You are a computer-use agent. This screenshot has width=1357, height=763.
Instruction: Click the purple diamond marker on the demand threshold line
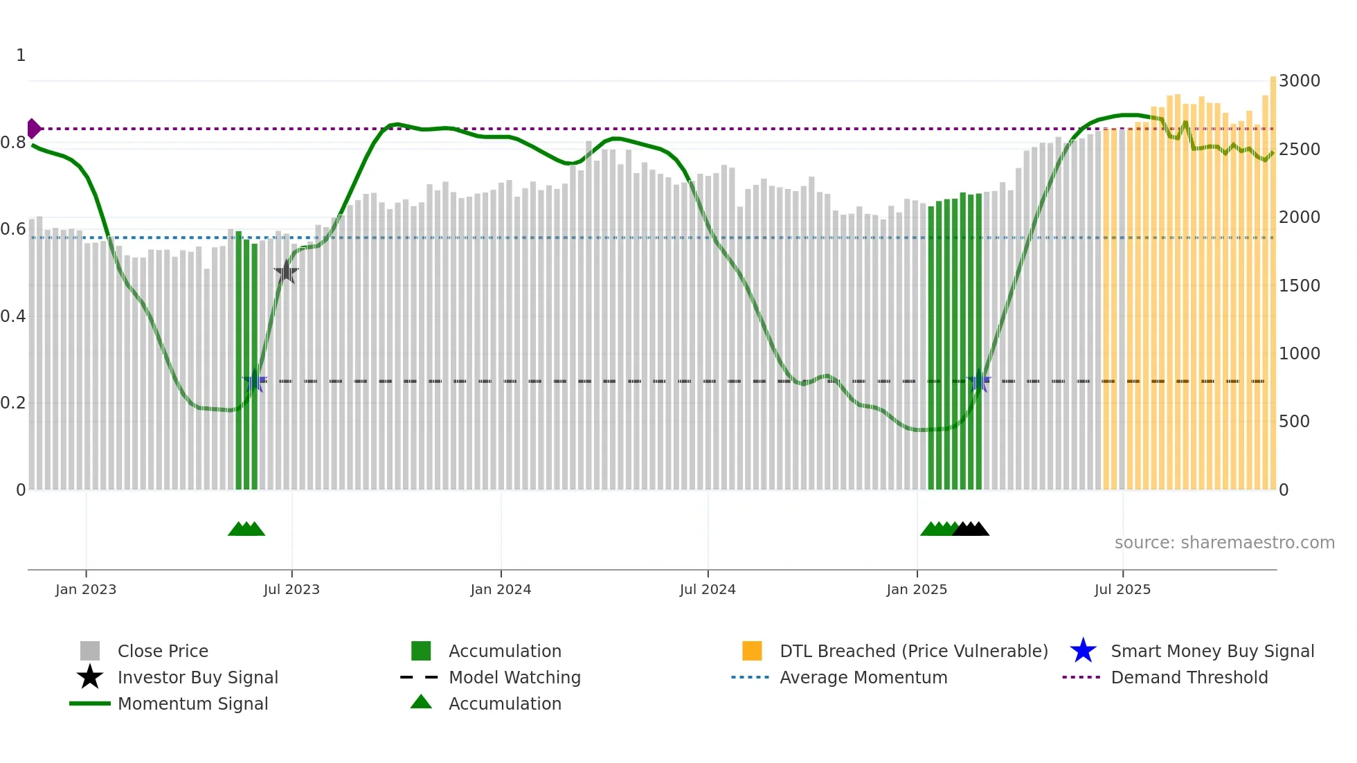[x=33, y=129]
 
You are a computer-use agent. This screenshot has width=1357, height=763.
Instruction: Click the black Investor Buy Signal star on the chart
[x=286, y=272]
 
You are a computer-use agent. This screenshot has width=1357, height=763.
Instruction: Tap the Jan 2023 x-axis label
[x=86, y=589]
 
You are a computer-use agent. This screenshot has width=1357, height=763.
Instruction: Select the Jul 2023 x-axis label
[x=291, y=589]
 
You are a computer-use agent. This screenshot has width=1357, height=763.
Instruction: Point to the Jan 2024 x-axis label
[x=501, y=589]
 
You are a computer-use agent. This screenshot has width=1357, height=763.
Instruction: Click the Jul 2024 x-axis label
[x=708, y=589]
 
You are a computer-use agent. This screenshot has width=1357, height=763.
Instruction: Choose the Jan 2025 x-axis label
[x=917, y=589]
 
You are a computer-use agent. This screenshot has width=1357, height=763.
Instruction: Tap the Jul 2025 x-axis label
[x=1122, y=589]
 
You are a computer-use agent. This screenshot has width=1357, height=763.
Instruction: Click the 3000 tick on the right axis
[x=1299, y=81]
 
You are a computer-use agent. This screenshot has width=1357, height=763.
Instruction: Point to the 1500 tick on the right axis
[x=1299, y=285]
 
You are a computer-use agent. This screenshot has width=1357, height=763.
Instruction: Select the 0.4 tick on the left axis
[x=13, y=316]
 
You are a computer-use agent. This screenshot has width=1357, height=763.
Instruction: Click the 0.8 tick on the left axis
[x=13, y=143]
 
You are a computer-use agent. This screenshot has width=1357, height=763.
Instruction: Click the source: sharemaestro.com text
[x=1224, y=543]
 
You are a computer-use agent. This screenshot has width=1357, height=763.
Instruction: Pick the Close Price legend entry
[x=163, y=651]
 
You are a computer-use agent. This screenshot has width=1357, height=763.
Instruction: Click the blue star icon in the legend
[x=1083, y=651]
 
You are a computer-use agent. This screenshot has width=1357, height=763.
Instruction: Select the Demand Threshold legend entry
[x=1189, y=677]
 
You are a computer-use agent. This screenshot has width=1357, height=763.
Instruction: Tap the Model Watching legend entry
[x=514, y=677]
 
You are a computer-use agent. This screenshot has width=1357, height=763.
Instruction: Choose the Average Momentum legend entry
[x=863, y=677]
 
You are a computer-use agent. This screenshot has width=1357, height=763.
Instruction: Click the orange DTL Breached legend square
[x=752, y=651]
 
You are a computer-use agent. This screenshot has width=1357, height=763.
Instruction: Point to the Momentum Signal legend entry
[x=192, y=703]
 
